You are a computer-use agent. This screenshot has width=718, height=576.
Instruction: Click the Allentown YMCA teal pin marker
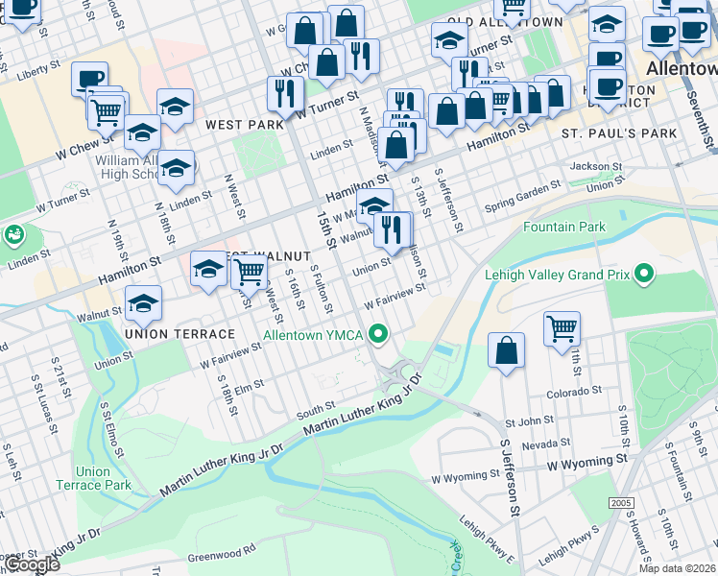pos(379,335)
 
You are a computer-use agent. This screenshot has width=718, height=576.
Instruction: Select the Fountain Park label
pos(564,228)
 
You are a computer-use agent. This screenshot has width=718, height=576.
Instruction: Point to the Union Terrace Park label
pos(93,478)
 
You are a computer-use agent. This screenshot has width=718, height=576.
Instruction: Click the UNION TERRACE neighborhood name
pos(179,334)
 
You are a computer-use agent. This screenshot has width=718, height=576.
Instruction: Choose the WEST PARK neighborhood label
pos(244,125)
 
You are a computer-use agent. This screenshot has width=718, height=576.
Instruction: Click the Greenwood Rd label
pos(222,551)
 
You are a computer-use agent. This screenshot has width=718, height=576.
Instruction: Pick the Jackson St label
pos(595,166)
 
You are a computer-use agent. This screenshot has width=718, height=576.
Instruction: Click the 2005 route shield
pos(621,503)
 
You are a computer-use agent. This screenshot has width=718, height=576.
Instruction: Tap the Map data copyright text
pos(677,568)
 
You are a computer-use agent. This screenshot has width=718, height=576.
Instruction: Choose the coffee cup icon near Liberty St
pos(89,80)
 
